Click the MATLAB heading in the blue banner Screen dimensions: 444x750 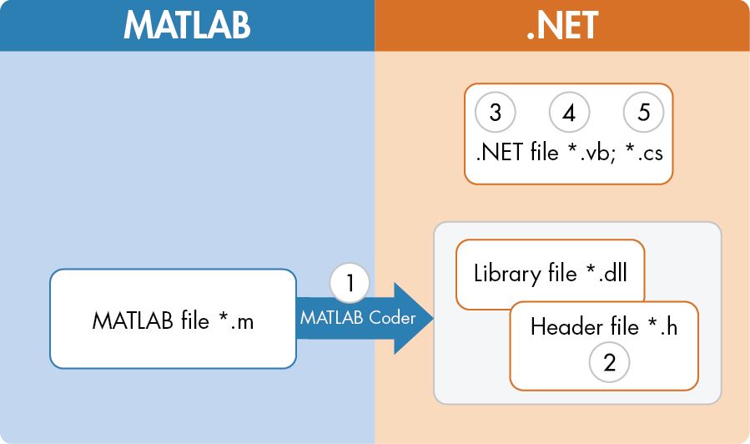pyautogui.click(x=187, y=25)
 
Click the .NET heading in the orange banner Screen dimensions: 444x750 pyautogui.click(x=562, y=25)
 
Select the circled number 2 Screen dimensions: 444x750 pyautogui.click(x=609, y=362)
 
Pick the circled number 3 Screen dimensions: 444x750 pyautogui.click(x=495, y=113)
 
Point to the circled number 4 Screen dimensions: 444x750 pyautogui.click(x=569, y=113)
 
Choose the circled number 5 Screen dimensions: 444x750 pyautogui.click(x=643, y=113)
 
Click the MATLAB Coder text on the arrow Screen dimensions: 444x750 pyautogui.click(x=358, y=317)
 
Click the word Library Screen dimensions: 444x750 pyautogui.click(x=502, y=273)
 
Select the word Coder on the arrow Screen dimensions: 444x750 pyautogui.click(x=393, y=317)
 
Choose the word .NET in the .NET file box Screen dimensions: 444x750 pyautogui.click(x=500, y=154)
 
